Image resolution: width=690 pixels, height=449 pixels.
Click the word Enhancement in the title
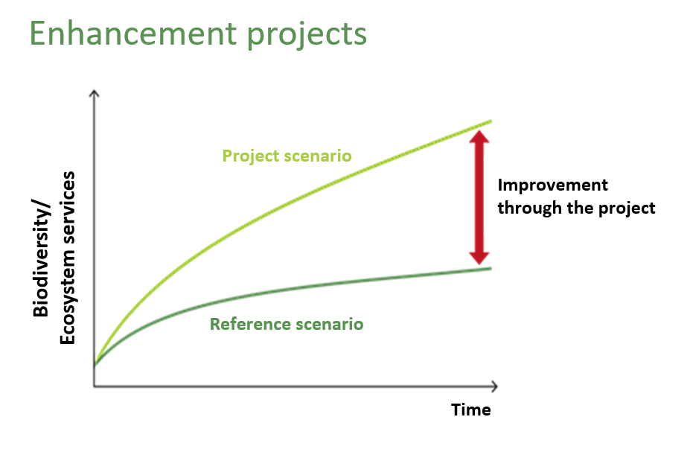pyautogui.click(x=133, y=34)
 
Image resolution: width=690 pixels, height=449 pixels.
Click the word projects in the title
pyautogui.click(x=307, y=35)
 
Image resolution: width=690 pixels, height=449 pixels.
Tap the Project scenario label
pyautogui.click(x=287, y=156)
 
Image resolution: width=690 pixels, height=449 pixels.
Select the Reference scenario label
pyautogui.click(x=287, y=324)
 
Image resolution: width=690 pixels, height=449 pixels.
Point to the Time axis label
pyautogui.click(x=471, y=410)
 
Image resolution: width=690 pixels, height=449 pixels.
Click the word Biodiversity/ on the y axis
pyautogui.click(x=40, y=258)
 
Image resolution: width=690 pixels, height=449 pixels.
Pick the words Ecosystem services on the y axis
pyautogui.click(x=67, y=258)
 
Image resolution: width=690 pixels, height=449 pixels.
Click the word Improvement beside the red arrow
pyautogui.click(x=553, y=185)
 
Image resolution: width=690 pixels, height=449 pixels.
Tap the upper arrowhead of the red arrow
pyautogui.click(x=479, y=136)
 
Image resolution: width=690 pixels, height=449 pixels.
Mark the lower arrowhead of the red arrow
pyautogui.click(x=479, y=258)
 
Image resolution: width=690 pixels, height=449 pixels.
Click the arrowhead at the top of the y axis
pyautogui.click(x=94, y=93)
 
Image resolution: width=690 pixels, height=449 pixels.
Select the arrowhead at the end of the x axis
pyautogui.click(x=495, y=386)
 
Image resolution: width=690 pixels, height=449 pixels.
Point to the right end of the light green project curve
pyautogui.click(x=491, y=121)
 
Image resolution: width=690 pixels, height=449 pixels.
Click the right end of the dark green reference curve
pyautogui.click(x=491, y=269)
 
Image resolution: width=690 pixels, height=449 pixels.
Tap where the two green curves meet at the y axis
pyautogui.click(x=95, y=363)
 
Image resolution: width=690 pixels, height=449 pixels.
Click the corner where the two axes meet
pyautogui.click(x=95, y=386)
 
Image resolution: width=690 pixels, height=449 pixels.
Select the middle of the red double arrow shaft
pyautogui.click(x=479, y=197)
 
